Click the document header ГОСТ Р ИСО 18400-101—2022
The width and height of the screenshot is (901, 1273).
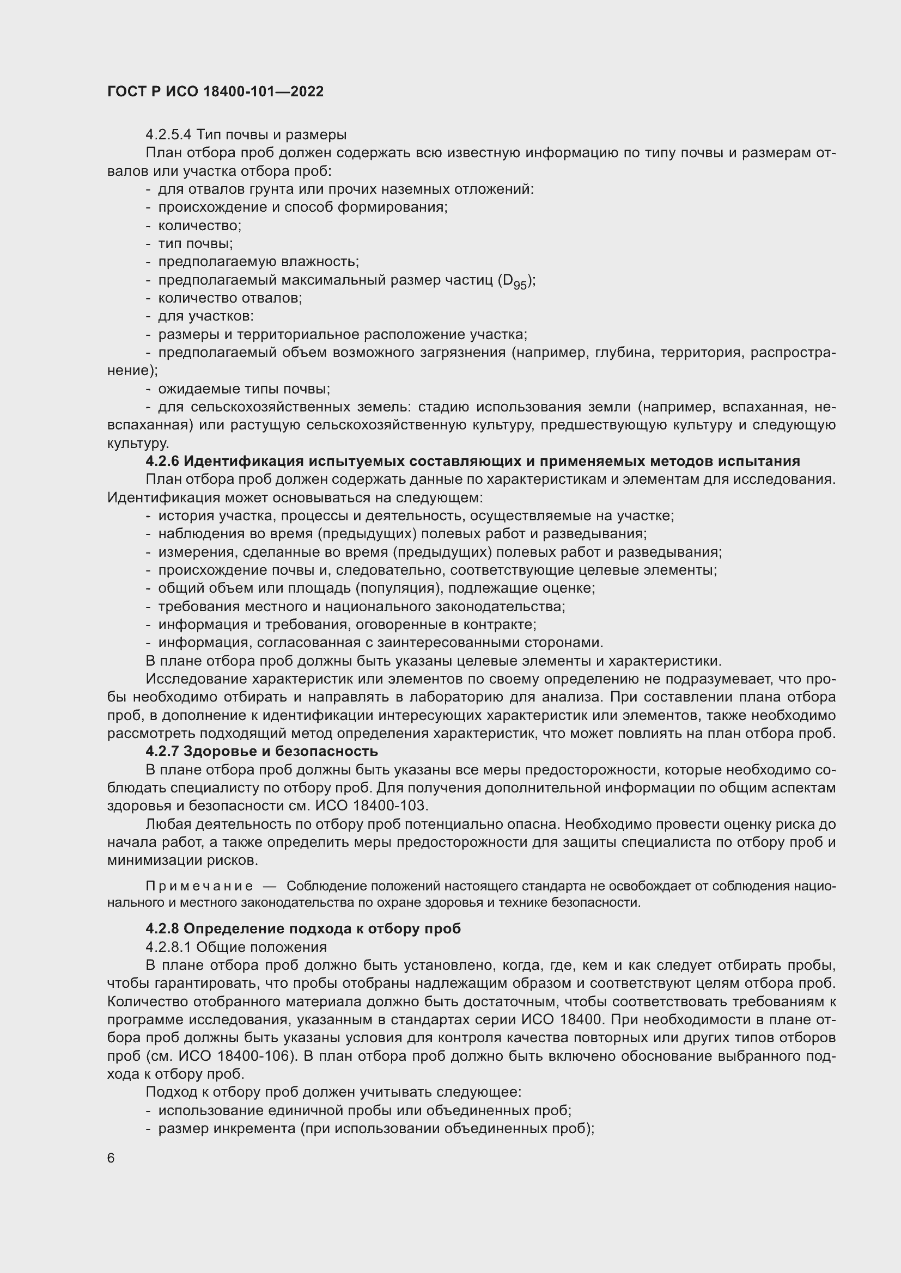coord(215,91)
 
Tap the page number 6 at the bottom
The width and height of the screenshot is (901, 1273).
coord(111,1158)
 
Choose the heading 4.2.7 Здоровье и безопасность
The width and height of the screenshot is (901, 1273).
coord(262,751)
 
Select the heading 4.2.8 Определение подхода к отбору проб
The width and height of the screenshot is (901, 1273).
coord(303,928)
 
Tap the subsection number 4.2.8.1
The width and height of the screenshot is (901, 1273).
coord(169,947)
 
